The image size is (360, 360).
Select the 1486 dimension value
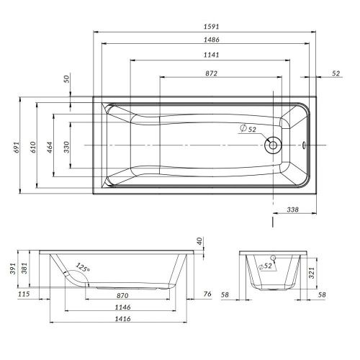coord(211,40)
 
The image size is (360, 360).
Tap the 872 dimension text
coord(211,73)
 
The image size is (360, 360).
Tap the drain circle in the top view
coord(273,146)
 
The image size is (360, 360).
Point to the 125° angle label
coord(84,269)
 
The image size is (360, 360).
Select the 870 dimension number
coord(122,296)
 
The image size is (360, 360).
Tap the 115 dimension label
coord(24,293)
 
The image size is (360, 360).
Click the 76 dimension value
coord(207,293)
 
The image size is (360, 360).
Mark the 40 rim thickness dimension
coord(199,241)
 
